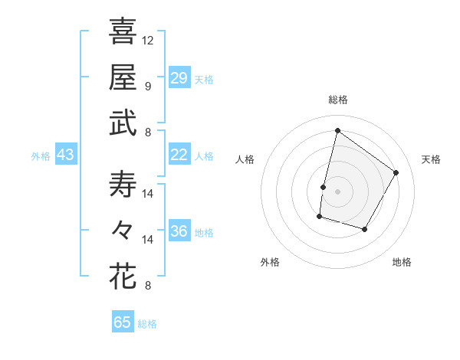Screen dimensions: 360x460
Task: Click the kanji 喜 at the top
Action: pyautogui.click(x=123, y=33)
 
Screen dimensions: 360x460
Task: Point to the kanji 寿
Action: pyautogui.click(x=123, y=185)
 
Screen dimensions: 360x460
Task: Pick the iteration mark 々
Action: pyautogui.click(x=123, y=230)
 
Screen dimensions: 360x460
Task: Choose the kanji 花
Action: pyautogui.click(x=123, y=276)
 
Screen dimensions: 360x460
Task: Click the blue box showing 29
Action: pyautogui.click(x=179, y=77)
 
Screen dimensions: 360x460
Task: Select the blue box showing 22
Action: pyautogui.click(x=179, y=155)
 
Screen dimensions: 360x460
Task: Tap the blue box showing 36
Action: pyautogui.click(x=179, y=231)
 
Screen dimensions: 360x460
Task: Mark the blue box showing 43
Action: pyautogui.click(x=66, y=155)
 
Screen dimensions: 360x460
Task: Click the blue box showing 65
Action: pyautogui.click(x=123, y=322)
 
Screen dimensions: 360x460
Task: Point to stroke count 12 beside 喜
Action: pyautogui.click(x=148, y=40)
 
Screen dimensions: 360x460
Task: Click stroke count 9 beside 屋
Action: pyautogui.click(x=148, y=86)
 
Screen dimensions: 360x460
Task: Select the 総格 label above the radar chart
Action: pyautogui.click(x=337, y=100)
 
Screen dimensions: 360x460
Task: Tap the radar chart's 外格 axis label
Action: pyautogui.click(x=270, y=262)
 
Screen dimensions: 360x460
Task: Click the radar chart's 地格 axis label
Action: pyautogui.click(x=402, y=262)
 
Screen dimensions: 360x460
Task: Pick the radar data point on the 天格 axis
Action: pyautogui.click(x=396, y=172)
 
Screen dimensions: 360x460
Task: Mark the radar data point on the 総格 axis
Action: pyautogui.click(x=337, y=131)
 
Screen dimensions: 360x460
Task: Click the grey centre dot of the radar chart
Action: pyautogui.click(x=337, y=191)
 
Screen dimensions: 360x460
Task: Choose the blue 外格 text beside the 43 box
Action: pyautogui.click(x=41, y=155)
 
